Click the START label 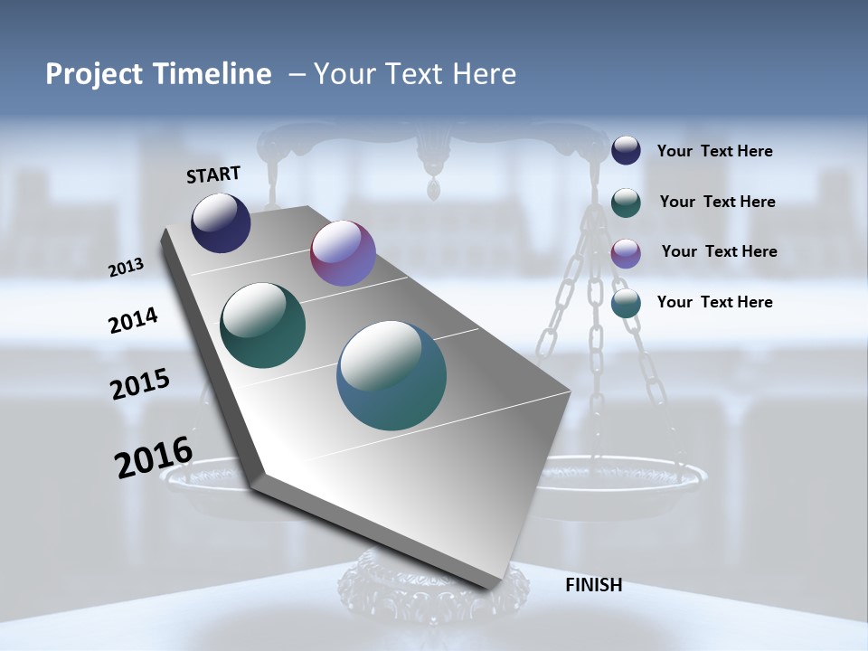pyautogui.click(x=213, y=175)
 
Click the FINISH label pyautogui.click(x=593, y=585)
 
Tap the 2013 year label pyautogui.click(x=126, y=268)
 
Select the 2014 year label pyautogui.click(x=133, y=321)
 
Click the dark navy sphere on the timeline pyautogui.click(x=221, y=222)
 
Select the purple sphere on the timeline pyautogui.click(x=343, y=253)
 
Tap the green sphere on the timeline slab pyautogui.click(x=263, y=325)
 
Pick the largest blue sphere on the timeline pyautogui.click(x=392, y=375)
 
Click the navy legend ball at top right pyautogui.click(x=626, y=150)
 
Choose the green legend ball pyautogui.click(x=626, y=202)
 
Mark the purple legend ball pyautogui.click(x=626, y=253)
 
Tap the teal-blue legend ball pyautogui.click(x=626, y=303)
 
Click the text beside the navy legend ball pyautogui.click(x=714, y=151)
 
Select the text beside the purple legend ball pyautogui.click(x=719, y=251)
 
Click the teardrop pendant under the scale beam pyautogui.click(x=436, y=188)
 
